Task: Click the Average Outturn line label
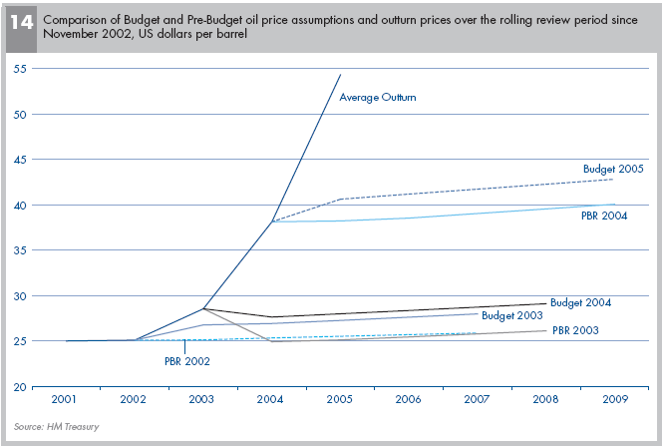378,98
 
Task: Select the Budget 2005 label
613,169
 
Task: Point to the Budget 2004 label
580,302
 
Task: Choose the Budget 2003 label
511,315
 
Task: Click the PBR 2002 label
186,360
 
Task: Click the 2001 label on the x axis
66,399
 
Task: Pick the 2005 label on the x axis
340,399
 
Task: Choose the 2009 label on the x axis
613,399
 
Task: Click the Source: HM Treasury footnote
56,427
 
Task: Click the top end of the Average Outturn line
341,74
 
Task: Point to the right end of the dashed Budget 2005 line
611,180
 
